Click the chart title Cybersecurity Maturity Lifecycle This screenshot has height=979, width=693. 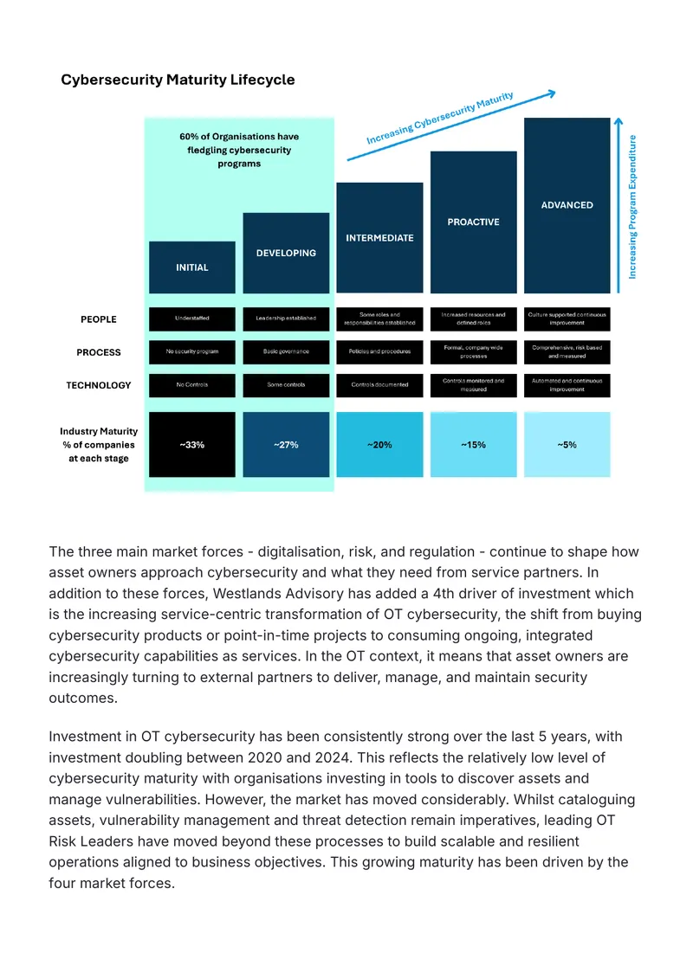178,80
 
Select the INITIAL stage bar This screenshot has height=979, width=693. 191,267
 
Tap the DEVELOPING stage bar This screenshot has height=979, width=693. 286,253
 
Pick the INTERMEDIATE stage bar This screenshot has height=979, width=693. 380,238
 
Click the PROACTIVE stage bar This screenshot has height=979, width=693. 474,222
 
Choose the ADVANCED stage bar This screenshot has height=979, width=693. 567,205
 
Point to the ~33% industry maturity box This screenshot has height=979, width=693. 191,445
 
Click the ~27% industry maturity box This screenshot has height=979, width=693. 286,445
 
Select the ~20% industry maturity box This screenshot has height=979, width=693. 380,445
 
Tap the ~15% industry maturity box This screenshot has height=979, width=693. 474,445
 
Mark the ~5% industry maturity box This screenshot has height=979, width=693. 567,445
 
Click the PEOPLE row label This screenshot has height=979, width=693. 99,319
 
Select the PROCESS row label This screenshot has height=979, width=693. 99,352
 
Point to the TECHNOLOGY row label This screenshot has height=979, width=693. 99,385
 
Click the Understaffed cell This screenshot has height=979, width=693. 191,319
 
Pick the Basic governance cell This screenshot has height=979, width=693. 286,351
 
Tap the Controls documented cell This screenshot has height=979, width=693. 380,384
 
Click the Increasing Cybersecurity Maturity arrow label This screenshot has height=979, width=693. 440,118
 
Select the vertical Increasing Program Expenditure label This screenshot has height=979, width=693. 632,207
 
